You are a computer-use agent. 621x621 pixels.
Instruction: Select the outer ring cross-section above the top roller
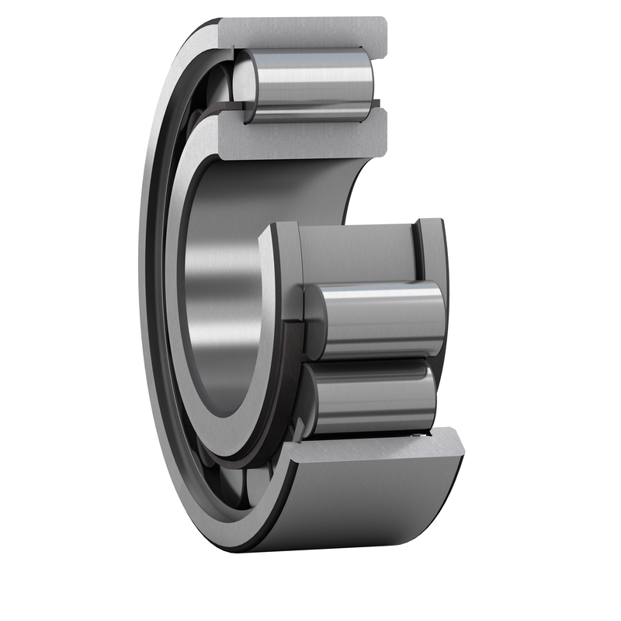pyautogui.click(x=303, y=32)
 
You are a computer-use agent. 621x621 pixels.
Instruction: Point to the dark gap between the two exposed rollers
pyautogui.click(x=373, y=360)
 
